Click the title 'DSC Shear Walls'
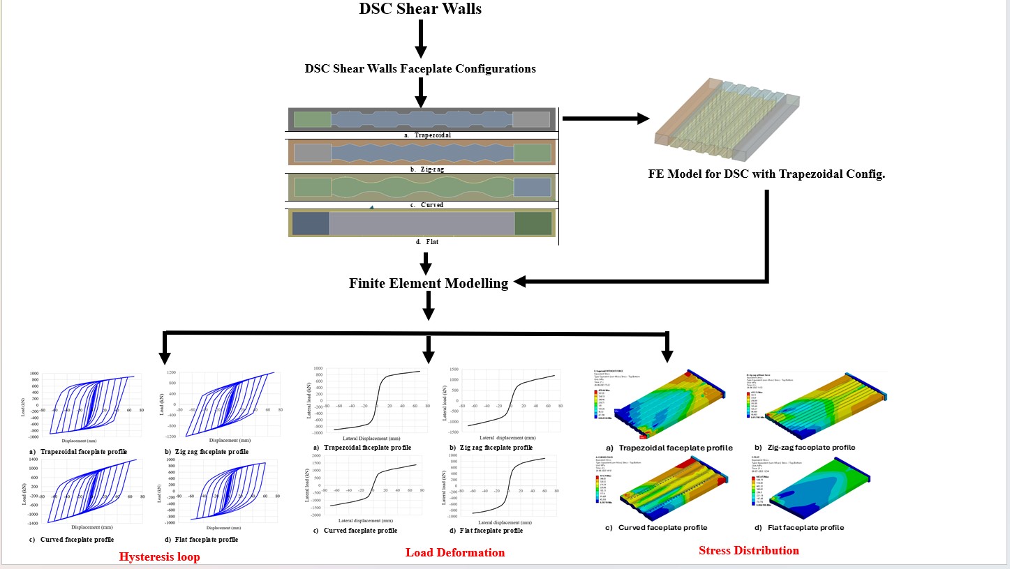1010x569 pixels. [x=420, y=9]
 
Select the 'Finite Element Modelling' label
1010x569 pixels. [x=429, y=283]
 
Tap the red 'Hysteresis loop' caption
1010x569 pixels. [x=159, y=556]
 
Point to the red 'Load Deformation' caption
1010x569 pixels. [x=455, y=552]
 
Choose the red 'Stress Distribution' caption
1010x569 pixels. [x=748, y=550]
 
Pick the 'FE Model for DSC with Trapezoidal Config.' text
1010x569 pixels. [x=766, y=174]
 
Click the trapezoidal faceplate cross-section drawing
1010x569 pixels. [x=422, y=119]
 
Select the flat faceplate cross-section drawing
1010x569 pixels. [x=422, y=223]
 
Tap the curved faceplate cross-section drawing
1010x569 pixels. [x=422, y=187]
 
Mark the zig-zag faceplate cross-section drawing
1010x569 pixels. [x=422, y=152]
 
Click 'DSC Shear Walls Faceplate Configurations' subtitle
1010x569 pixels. [x=420, y=68]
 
